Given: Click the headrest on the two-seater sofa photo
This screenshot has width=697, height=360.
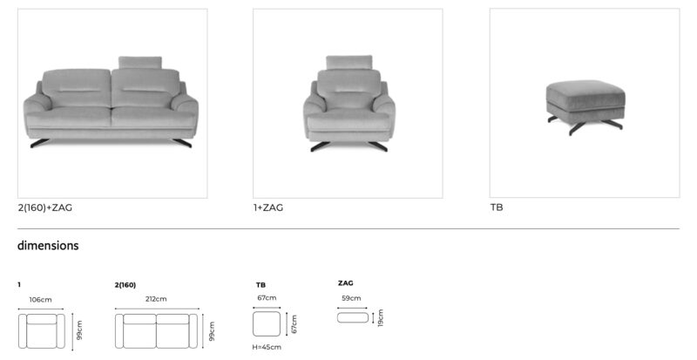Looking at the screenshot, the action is tap(140, 62).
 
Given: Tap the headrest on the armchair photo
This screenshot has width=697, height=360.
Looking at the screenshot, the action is tap(349, 62).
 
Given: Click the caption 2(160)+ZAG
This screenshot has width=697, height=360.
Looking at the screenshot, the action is tap(45, 207).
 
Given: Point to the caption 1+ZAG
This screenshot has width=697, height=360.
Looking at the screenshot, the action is tap(268, 207).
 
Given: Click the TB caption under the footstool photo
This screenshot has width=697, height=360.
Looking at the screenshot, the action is tap(497, 207).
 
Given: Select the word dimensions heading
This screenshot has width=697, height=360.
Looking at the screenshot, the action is tap(48, 245).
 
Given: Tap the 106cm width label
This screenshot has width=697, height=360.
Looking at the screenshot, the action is tap(40, 300).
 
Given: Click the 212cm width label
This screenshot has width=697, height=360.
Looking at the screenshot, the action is tap(156, 299).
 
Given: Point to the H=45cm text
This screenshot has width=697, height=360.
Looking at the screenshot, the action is tap(267, 347).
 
